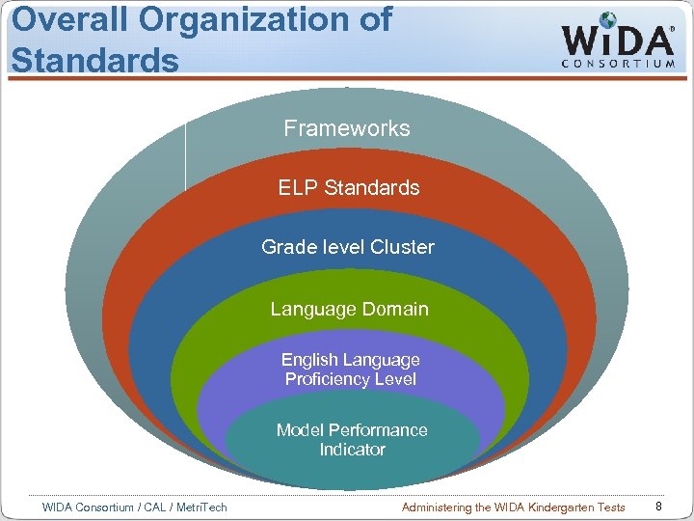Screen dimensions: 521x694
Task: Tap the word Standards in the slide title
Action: coord(94,59)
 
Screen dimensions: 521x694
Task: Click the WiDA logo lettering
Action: coord(617,40)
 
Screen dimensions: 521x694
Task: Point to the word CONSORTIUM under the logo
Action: coord(618,65)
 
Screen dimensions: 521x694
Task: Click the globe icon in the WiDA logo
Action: coord(608,20)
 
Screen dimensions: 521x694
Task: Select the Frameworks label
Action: coord(347,128)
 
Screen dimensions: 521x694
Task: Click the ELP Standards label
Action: coord(349,187)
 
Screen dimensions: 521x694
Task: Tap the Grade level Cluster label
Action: coord(348,247)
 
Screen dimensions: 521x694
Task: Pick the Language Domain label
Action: coord(349,309)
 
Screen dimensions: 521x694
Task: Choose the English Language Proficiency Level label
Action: coord(351,370)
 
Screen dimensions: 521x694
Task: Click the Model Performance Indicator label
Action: coord(352,440)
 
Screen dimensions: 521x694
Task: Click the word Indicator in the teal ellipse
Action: coord(353,450)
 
